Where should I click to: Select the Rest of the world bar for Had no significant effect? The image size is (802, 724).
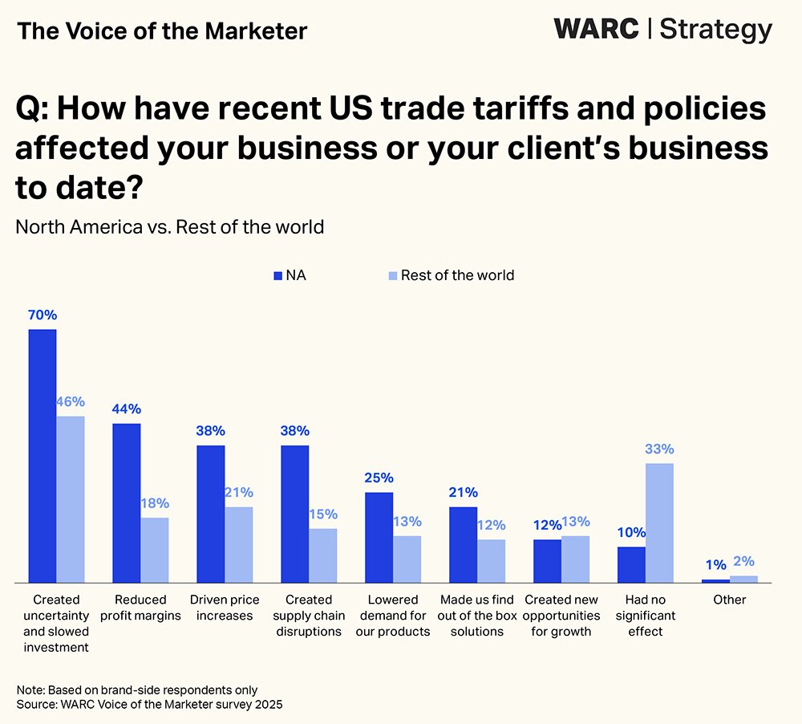click(x=659, y=523)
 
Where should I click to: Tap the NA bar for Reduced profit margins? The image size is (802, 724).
click(x=127, y=502)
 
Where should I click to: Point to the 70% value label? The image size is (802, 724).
click(x=43, y=315)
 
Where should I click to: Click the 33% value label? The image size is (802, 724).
click(x=659, y=449)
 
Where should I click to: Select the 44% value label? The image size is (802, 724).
click(x=127, y=409)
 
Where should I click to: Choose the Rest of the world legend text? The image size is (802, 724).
click(x=457, y=275)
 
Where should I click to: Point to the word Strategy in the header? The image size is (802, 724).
click(x=715, y=30)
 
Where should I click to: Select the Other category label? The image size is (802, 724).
click(x=729, y=600)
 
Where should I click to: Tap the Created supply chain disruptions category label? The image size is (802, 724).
click(x=309, y=616)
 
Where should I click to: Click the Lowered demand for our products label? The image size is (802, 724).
click(x=393, y=616)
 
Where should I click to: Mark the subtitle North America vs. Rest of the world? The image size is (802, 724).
click(x=170, y=226)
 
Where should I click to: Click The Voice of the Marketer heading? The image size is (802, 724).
click(x=162, y=31)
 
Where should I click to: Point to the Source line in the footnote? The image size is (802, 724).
click(x=150, y=704)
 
